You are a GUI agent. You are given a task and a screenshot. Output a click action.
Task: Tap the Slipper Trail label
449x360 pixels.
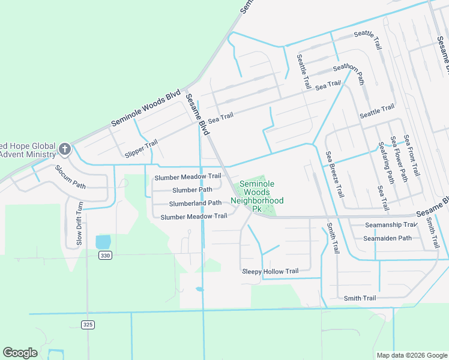(140, 147)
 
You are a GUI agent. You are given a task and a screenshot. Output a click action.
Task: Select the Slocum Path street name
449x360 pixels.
(71, 176)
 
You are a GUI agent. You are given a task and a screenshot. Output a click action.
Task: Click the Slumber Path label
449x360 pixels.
(192, 190)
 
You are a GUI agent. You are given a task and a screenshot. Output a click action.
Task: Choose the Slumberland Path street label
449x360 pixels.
(195, 203)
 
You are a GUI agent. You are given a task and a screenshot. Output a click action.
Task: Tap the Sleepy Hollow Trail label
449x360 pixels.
(270, 271)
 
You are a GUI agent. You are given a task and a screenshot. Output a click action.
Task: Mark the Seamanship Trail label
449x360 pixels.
(391, 224)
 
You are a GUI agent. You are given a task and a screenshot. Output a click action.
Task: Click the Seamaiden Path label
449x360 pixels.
(387, 238)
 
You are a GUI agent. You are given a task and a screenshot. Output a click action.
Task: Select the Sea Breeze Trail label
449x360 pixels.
(335, 175)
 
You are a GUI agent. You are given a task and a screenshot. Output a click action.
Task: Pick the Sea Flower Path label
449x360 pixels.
(399, 159)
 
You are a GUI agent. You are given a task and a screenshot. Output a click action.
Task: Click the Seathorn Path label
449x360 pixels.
(349, 74)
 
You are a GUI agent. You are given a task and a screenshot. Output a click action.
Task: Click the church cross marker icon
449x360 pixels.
(64, 148)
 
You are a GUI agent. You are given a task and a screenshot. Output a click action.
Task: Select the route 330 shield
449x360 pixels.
(106, 255)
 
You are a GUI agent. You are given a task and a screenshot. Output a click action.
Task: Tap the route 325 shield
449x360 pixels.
(88, 325)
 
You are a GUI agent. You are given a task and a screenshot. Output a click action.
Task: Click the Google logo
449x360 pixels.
(20, 353)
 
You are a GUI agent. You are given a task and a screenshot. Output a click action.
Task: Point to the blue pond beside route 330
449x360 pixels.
(103, 241)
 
